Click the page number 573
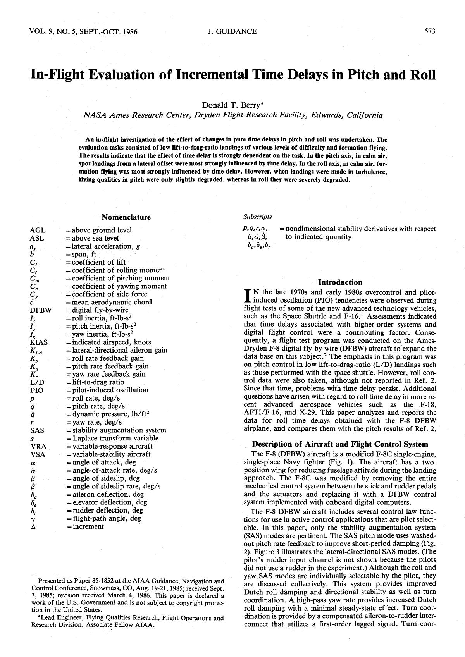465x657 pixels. tap(430, 31)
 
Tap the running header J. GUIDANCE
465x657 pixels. tap(232, 31)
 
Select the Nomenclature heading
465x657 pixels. tap(126, 217)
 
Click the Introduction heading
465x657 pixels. tap(340, 282)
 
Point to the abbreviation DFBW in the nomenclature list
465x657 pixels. tap(40, 310)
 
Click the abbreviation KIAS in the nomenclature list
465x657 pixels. tap(39, 342)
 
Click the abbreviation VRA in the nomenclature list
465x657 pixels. tap(38, 446)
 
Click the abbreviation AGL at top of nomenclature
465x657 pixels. tap(38, 230)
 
